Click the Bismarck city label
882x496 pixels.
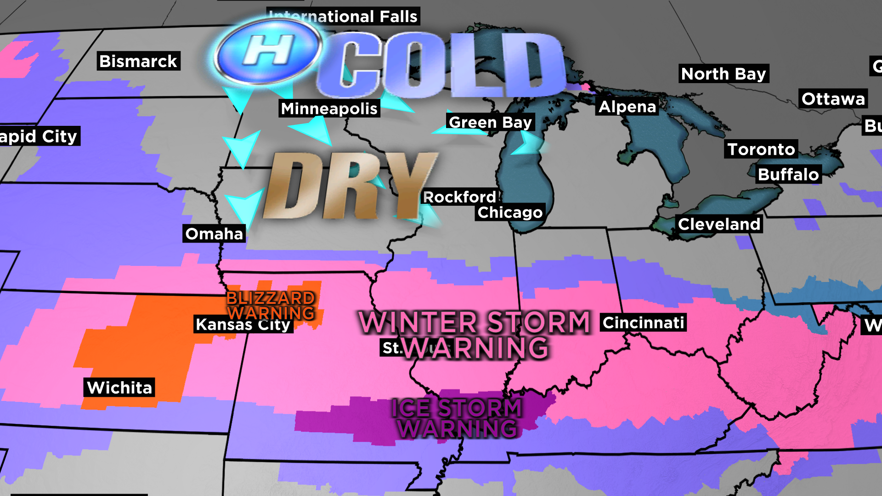138,61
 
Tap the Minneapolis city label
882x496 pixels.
329,108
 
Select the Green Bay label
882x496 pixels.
490,122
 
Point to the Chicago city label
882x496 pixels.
510,212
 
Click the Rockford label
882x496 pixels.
459,197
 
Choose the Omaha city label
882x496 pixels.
214,234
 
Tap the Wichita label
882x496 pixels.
119,388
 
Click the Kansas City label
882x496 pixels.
243,325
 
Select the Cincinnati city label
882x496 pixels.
643,322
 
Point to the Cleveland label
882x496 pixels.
719,224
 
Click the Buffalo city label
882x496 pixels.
788,175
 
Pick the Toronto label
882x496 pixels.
761,149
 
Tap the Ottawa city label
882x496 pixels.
833,99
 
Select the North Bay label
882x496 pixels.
724,73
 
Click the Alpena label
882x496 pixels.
628,107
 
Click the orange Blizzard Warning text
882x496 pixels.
271,305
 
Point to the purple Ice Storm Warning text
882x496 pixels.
457,418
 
